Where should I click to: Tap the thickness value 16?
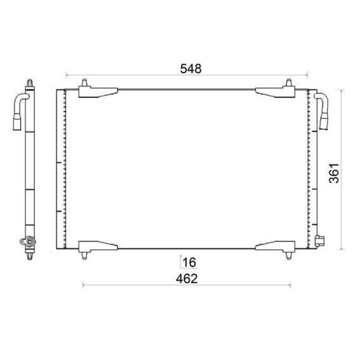(x=188, y=262)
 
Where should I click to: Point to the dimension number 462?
(x=187, y=279)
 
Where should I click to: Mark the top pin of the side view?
(x=30, y=82)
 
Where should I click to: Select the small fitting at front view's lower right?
(x=319, y=240)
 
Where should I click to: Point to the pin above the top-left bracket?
(x=85, y=83)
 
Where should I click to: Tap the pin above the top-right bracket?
(x=289, y=83)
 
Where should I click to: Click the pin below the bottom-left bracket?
(x=85, y=256)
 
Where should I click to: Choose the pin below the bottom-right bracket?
(x=289, y=256)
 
